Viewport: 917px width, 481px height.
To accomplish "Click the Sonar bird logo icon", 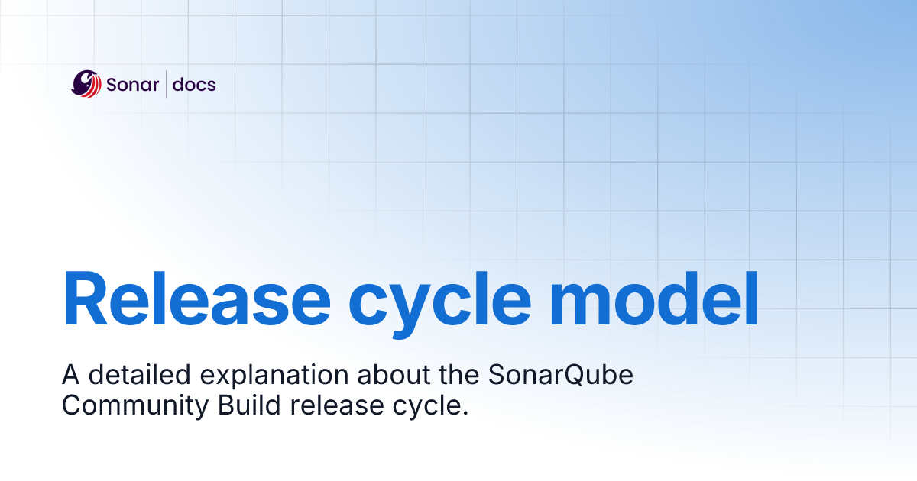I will tap(86, 83).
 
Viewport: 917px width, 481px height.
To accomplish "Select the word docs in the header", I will tap(194, 84).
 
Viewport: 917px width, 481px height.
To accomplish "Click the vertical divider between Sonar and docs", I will tap(166, 84).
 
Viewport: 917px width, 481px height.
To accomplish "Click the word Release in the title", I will tap(196, 299).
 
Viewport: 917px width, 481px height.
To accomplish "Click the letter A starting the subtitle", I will tap(70, 376).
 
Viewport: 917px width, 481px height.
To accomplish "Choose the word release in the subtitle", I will tap(337, 405).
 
